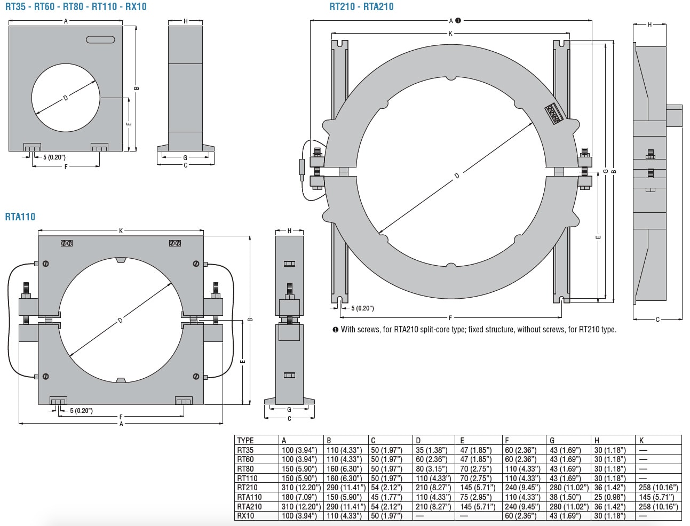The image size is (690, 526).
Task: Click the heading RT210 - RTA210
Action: click(x=361, y=6)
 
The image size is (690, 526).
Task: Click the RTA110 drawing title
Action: click(x=20, y=217)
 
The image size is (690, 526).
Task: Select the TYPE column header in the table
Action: click(x=245, y=440)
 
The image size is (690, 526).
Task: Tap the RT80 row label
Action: click(x=245, y=469)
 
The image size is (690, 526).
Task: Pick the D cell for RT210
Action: click(x=433, y=488)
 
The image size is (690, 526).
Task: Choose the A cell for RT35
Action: click(x=301, y=450)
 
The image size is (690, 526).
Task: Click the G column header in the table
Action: click(x=552, y=440)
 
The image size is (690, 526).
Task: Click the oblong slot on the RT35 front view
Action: click(x=100, y=39)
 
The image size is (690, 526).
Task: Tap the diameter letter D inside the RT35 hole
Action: click(x=66, y=98)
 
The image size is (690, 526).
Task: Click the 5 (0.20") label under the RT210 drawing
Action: click(x=362, y=308)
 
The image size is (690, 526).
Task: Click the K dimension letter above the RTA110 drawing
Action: click(x=121, y=231)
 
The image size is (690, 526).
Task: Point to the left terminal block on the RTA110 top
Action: click(x=67, y=243)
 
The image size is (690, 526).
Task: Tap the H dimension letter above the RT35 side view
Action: click(x=185, y=21)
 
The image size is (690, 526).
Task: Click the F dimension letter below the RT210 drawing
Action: click(x=450, y=318)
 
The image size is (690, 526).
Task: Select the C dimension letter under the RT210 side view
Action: click(x=657, y=320)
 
